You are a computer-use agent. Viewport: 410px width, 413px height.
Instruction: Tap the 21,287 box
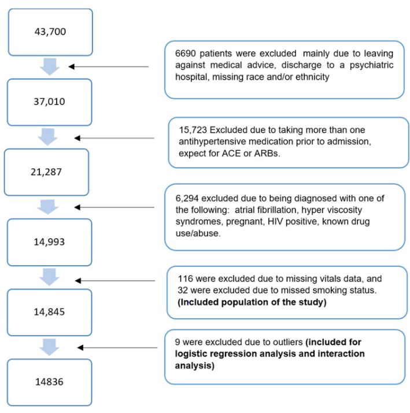(46, 172)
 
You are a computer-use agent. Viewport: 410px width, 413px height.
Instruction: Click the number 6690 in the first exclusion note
(187, 52)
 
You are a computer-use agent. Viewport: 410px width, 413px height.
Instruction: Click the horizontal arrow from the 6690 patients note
(109, 66)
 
